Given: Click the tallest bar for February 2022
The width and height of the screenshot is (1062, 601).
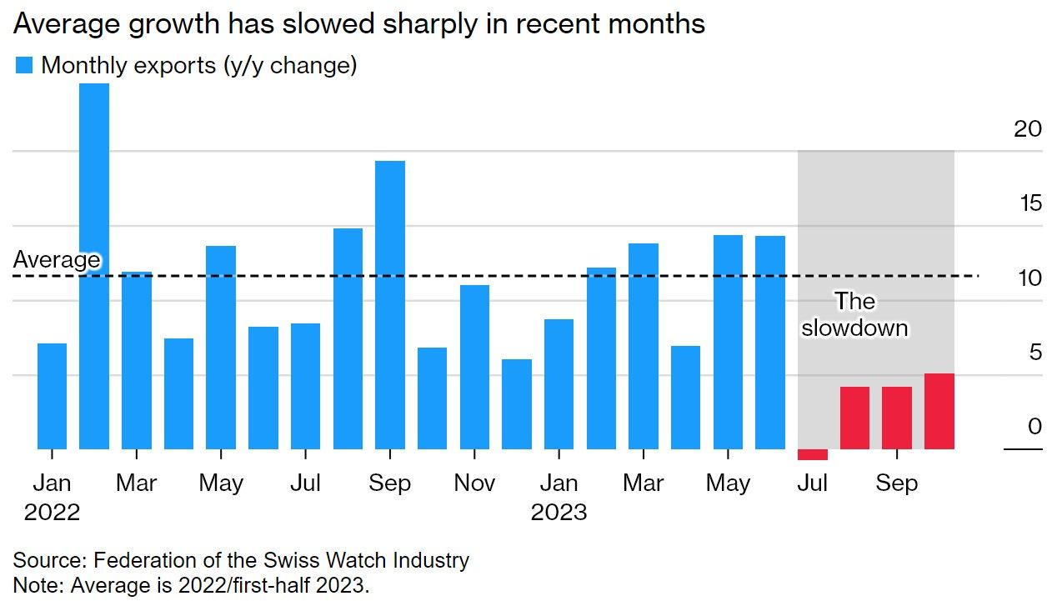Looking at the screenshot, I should pyautogui.click(x=94, y=267).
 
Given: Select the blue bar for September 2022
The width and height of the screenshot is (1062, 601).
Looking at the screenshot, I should pyautogui.click(x=390, y=305).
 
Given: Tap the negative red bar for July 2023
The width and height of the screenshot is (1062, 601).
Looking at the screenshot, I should pyautogui.click(x=813, y=455).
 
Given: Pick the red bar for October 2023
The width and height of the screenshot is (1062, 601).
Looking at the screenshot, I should pyautogui.click(x=939, y=412).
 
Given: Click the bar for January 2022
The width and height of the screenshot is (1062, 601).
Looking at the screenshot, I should pyautogui.click(x=52, y=396).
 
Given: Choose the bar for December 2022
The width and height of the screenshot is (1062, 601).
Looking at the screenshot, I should pyautogui.click(x=517, y=404).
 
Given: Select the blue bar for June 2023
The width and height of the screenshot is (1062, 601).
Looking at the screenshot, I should pyautogui.click(x=770, y=343).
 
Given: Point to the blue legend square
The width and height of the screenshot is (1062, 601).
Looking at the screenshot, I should pyautogui.click(x=24, y=65).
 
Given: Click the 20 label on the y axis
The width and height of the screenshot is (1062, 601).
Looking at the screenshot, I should pyautogui.click(x=1029, y=128).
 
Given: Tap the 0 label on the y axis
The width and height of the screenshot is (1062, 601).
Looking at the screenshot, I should pyautogui.click(x=1034, y=427).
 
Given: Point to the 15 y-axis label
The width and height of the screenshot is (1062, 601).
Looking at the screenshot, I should pyautogui.click(x=1029, y=203).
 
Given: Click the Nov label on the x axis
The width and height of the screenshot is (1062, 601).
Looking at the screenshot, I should pyautogui.click(x=474, y=483).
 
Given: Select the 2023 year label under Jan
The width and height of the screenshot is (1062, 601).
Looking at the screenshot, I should pyautogui.click(x=559, y=511).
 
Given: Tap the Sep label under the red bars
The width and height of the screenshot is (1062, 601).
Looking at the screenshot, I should pyautogui.click(x=896, y=483).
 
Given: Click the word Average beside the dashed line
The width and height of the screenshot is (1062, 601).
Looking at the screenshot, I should pyautogui.click(x=57, y=260).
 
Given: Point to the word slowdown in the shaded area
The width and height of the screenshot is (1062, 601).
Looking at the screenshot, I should pyautogui.click(x=854, y=328).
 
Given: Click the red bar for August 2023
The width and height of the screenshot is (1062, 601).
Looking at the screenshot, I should pyautogui.click(x=854, y=418).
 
